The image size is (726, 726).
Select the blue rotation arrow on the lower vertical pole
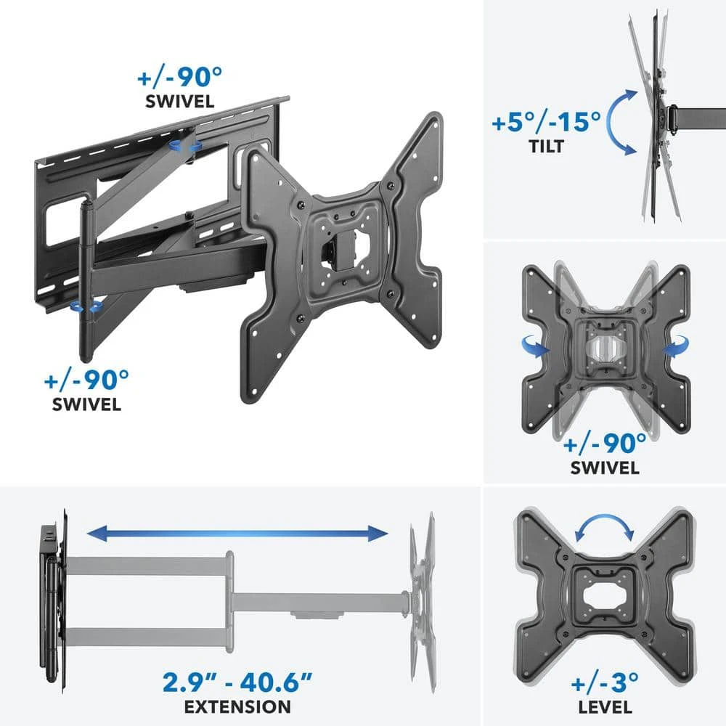84,308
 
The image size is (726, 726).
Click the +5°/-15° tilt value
545,121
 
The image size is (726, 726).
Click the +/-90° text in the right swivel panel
605,441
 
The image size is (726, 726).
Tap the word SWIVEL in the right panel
605,468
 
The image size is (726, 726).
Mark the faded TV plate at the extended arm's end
422,595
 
